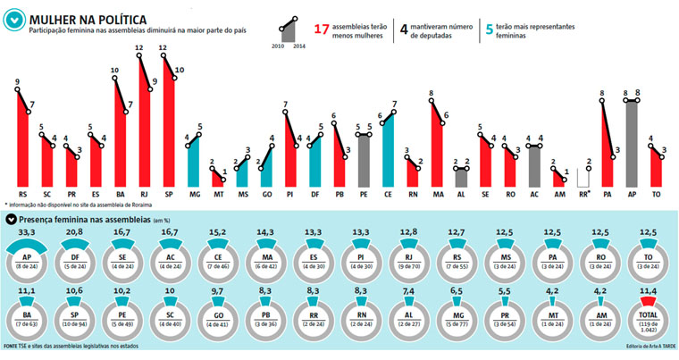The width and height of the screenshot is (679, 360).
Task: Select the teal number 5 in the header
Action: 489,29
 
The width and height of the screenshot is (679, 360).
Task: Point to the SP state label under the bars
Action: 168,193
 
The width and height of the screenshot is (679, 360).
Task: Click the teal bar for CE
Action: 388,147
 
